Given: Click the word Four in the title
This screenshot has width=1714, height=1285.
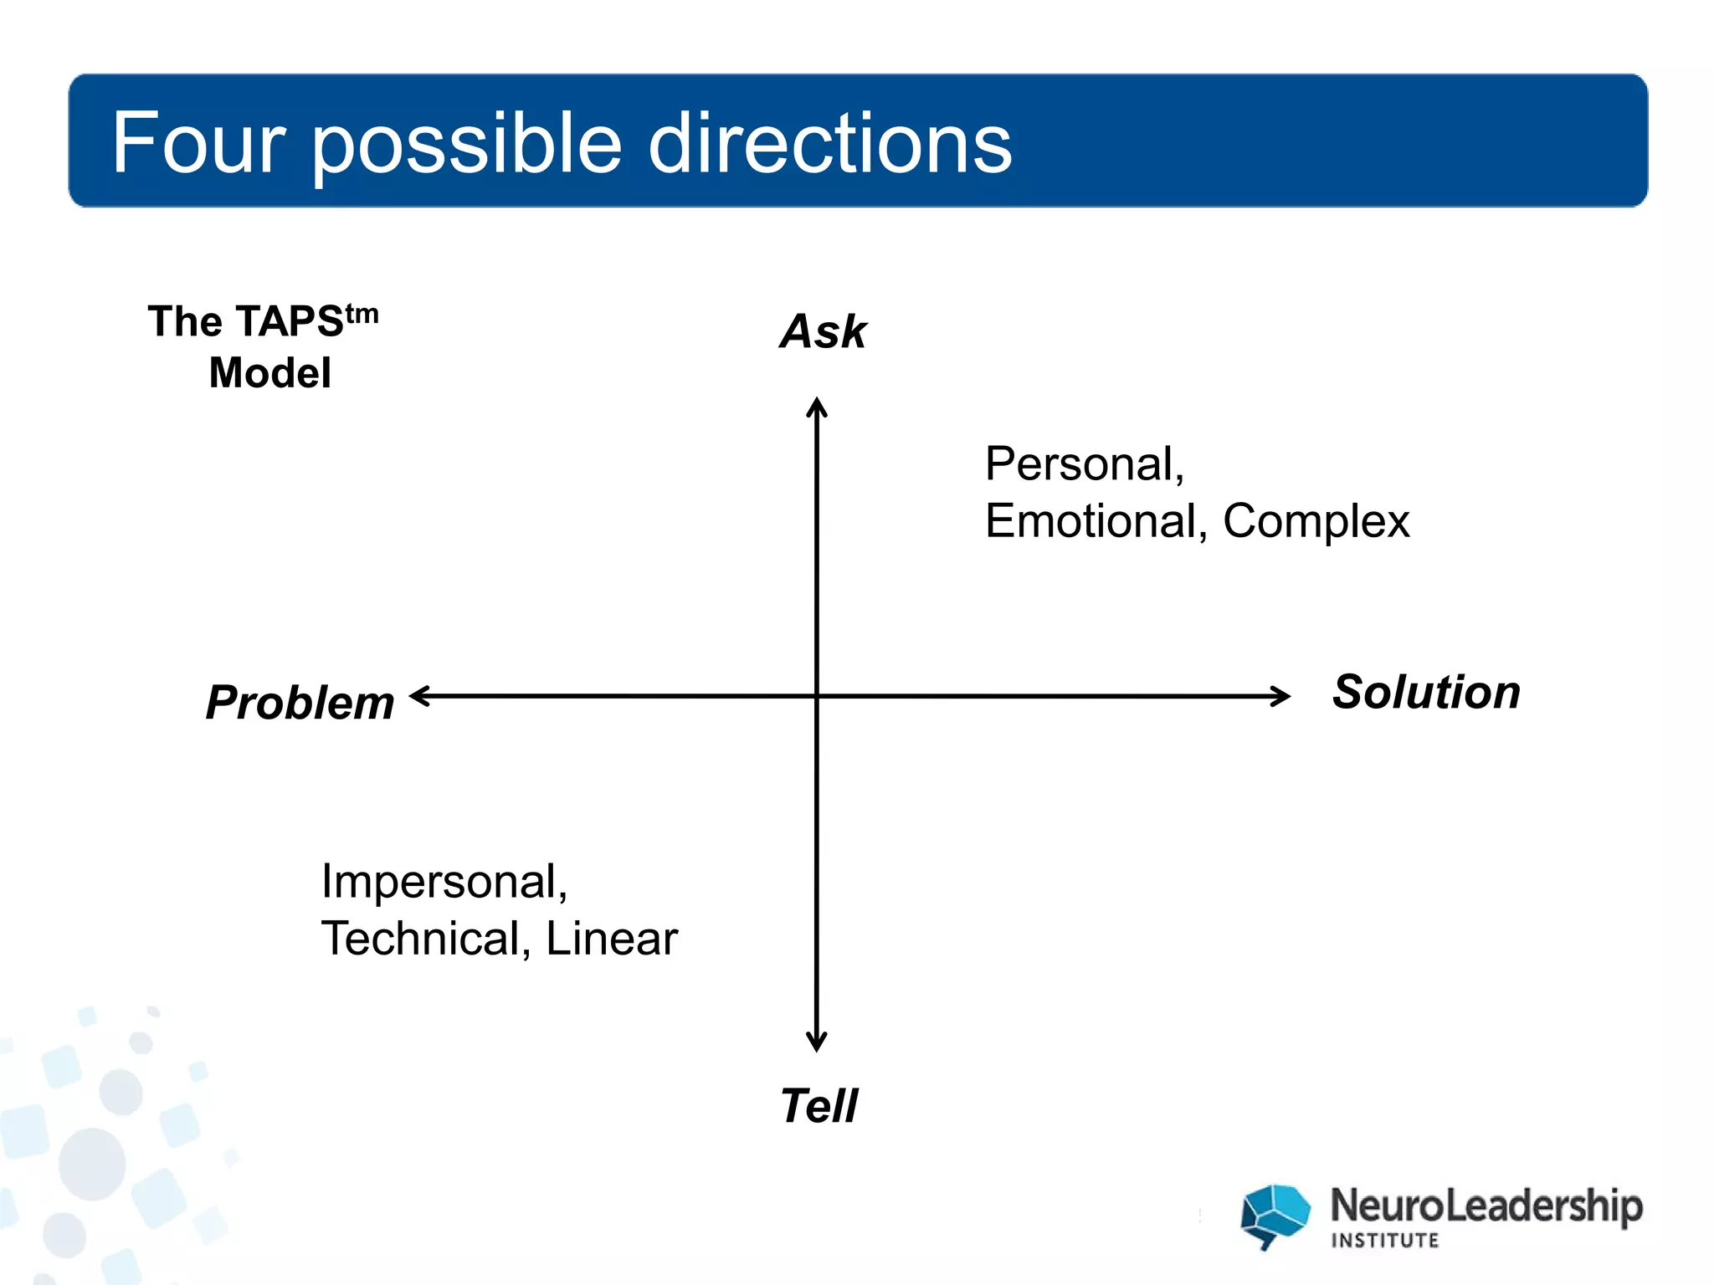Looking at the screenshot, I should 199,143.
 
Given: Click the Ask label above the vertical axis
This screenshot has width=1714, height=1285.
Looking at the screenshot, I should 823,331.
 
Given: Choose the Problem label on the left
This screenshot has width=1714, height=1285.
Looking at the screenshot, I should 300,702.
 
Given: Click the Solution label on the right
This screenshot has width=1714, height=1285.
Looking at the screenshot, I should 1425,692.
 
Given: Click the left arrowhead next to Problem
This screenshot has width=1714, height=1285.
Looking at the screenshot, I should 419,696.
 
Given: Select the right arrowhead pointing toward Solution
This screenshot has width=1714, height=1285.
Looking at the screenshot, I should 1281,696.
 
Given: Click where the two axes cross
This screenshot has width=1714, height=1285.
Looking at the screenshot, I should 817,696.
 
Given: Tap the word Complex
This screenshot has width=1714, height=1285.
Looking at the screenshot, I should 1316,522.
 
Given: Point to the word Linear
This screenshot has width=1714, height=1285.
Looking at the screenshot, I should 611,938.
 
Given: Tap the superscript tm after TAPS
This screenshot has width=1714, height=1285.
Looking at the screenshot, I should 362,314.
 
